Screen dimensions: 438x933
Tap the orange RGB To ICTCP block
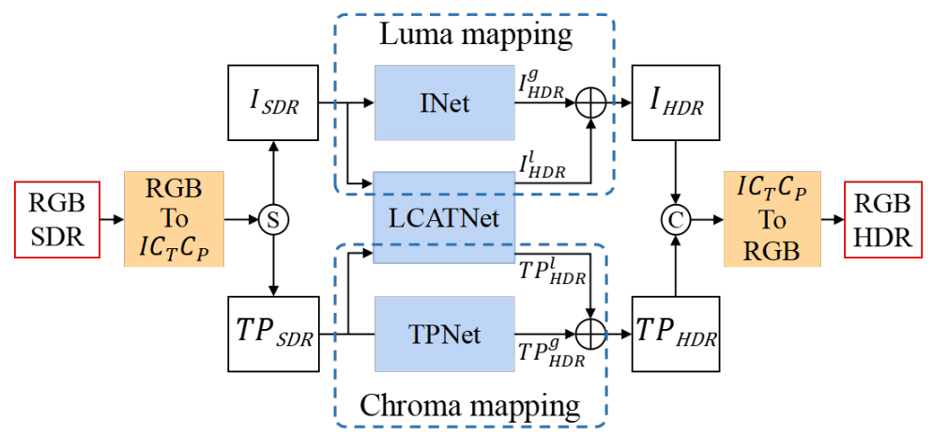[174, 220]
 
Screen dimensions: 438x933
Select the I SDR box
[273, 104]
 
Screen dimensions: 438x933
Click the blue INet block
[445, 104]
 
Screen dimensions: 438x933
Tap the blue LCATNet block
[445, 217]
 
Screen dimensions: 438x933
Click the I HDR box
[674, 104]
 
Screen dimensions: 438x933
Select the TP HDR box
[674, 335]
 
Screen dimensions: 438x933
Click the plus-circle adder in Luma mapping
[590, 104]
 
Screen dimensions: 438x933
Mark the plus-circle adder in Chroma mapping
[590, 334]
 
